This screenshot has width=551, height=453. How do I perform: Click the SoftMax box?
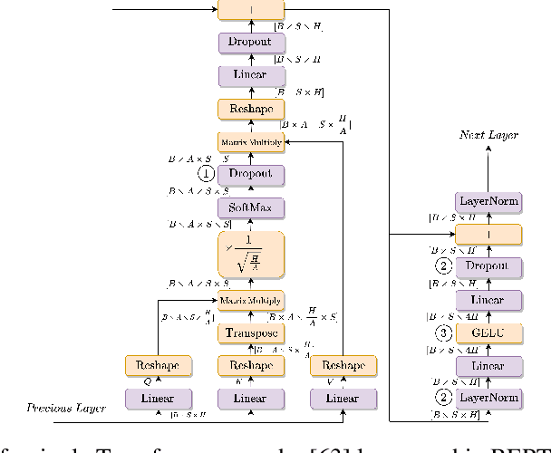251,208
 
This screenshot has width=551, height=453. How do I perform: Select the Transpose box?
251,333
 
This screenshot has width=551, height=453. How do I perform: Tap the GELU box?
488,332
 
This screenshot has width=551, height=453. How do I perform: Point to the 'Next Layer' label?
490,135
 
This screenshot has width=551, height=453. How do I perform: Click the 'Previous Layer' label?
63,409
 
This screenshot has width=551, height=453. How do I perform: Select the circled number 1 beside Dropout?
206,175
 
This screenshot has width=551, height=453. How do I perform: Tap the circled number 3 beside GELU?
444,332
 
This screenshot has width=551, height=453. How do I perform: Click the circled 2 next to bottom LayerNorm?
444,398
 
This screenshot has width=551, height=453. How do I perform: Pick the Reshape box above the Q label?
159,365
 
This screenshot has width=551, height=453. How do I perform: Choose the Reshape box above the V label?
343,365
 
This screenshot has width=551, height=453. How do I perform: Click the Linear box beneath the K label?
251,398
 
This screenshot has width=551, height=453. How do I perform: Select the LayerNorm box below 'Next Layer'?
488,201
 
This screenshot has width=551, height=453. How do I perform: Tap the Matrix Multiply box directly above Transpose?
251,300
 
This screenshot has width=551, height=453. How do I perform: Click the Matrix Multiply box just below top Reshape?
251,141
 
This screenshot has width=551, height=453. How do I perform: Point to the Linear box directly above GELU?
488,300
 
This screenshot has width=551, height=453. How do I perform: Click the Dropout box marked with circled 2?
488,266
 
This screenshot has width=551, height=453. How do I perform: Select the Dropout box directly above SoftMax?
251,175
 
